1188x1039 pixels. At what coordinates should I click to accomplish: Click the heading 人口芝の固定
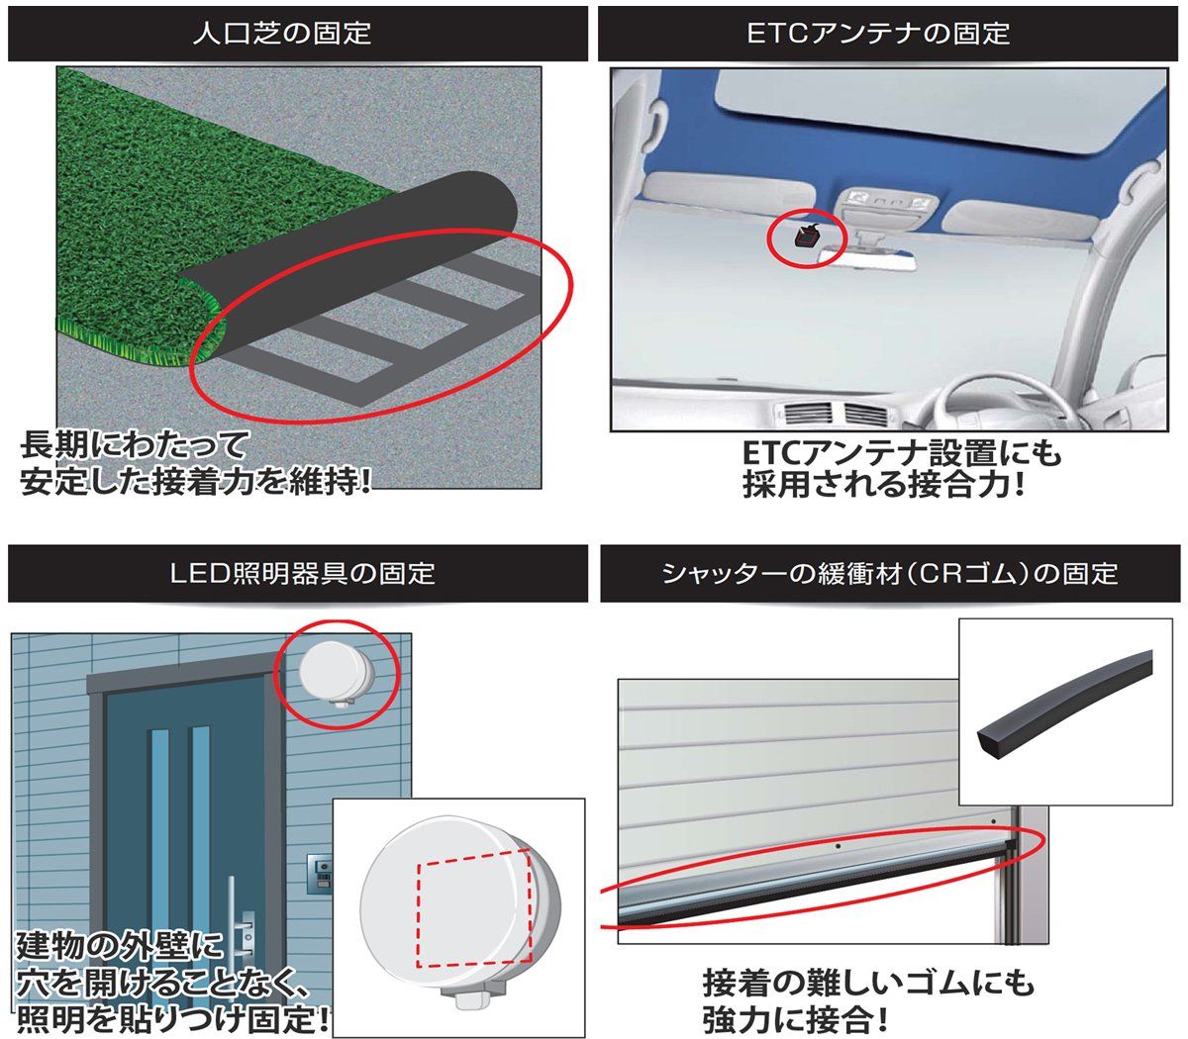click(281, 33)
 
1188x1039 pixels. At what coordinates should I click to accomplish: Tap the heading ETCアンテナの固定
click(878, 33)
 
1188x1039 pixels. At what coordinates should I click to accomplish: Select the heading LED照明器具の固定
click(302, 573)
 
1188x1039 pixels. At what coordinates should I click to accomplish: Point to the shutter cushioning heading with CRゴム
click(890, 573)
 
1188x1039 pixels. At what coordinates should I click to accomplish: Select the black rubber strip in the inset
click(1063, 704)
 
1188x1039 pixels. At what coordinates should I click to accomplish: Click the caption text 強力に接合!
click(796, 1018)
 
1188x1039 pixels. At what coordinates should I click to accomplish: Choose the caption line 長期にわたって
click(135, 445)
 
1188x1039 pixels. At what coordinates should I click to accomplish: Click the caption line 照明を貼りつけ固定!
click(172, 1018)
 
